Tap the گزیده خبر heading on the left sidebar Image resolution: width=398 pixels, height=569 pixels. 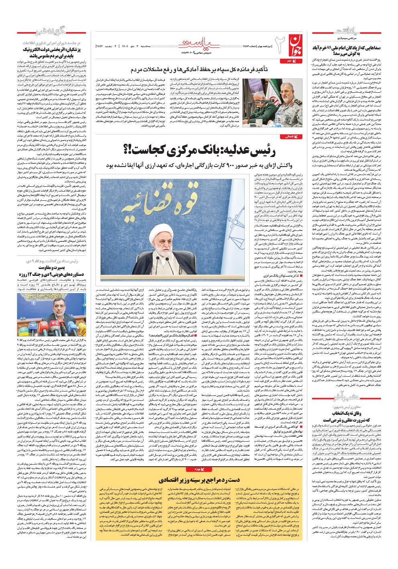[x=40, y=33]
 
